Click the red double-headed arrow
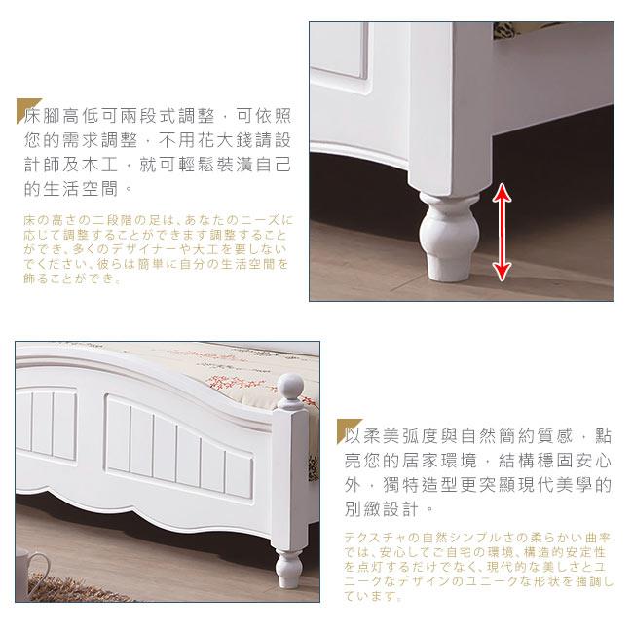(502, 232)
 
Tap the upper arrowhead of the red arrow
(502, 192)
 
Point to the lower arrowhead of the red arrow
(502, 272)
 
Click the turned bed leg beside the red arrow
(449, 237)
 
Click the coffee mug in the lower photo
(30, 570)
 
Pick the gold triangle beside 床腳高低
(26, 108)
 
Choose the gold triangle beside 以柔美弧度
(348, 429)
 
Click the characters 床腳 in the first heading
(42, 116)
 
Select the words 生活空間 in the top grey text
(80, 189)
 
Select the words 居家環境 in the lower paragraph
(439, 461)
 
